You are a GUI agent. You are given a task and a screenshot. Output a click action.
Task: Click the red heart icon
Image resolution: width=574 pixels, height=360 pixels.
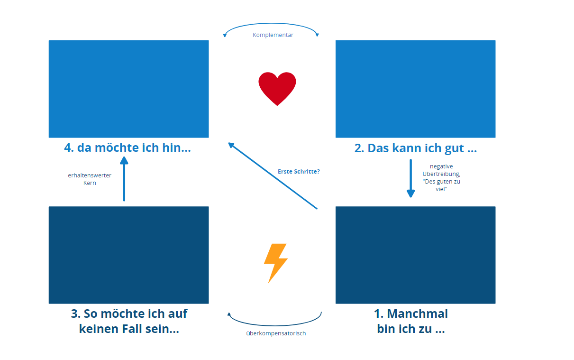tap(277, 89)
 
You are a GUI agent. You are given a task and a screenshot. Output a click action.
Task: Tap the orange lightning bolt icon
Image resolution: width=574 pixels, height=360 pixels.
tap(275, 262)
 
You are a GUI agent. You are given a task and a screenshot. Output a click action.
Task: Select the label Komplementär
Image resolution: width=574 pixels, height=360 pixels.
tap(273, 35)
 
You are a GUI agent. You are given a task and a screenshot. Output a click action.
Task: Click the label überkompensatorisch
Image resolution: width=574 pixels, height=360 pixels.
tap(276, 333)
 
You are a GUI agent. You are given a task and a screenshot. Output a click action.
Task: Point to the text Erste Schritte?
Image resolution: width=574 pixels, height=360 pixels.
tap(299, 171)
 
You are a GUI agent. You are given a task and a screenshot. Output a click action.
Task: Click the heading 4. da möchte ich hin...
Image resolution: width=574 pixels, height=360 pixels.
tap(128, 148)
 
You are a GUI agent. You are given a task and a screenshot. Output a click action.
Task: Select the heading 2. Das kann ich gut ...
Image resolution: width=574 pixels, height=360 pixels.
tap(415, 148)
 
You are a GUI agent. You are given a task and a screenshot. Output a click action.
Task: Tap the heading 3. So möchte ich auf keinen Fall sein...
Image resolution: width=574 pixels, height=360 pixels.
tap(129, 321)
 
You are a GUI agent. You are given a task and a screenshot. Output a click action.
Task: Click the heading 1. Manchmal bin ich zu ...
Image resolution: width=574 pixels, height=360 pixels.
tap(411, 321)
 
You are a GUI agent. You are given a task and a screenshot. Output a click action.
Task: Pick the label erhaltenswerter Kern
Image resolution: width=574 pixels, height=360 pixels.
tap(90, 179)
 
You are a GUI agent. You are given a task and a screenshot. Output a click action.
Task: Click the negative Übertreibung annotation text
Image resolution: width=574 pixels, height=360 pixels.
tap(441, 177)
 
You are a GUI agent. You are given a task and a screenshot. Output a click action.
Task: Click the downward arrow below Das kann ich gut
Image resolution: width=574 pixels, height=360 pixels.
tap(410, 178)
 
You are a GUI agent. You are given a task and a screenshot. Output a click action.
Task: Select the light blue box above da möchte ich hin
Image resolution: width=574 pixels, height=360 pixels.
tap(128, 89)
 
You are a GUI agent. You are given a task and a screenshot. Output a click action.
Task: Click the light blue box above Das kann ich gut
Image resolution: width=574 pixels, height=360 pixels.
tap(415, 89)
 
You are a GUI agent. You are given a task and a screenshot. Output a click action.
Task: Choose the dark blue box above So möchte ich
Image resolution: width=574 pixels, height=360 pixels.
tap(128, 255)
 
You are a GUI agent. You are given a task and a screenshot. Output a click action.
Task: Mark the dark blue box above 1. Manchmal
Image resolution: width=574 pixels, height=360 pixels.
tap(415, 255)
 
